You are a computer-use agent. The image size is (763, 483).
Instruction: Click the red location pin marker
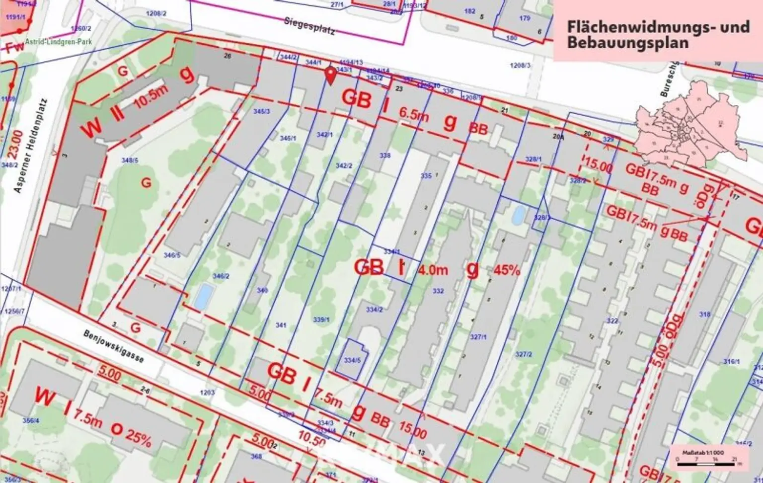tap(330, 76)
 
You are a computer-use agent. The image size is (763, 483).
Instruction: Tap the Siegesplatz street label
tap(310, 26)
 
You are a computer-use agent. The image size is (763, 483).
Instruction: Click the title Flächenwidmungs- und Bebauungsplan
tap(658, 34)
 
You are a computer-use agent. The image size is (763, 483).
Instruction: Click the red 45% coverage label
tap(507, 271)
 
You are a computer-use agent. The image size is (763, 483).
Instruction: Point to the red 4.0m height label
tap(433, 270)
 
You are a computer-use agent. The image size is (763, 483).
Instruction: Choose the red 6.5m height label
tap(414, 114)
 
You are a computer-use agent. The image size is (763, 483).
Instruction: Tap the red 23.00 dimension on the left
tap(16, 143)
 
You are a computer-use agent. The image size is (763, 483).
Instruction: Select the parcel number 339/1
tap(322, 320)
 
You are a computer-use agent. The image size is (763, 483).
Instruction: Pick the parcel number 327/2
tap(524, 354)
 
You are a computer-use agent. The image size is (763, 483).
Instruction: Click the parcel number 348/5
tap(130, 160)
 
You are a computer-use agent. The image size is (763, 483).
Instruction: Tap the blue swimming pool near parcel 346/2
tap(203, 296)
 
